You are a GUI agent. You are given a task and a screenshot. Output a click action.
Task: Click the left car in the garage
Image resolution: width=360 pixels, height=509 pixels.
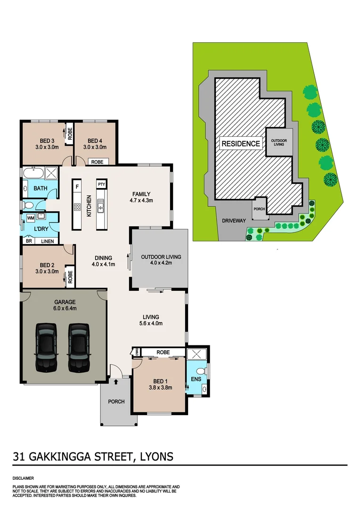[46, 347]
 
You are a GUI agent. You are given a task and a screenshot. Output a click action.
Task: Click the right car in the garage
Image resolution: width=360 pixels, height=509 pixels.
[78, 347]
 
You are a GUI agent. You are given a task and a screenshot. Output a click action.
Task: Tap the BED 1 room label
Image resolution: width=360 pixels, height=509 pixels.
[160, 385]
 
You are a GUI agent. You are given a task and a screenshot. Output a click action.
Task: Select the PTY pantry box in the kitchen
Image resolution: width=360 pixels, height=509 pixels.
[101, 184]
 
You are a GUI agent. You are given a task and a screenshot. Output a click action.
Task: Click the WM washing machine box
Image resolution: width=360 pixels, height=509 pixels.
[30, 218]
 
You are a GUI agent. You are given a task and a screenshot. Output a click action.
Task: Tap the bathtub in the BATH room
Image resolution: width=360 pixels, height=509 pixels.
[31, 174]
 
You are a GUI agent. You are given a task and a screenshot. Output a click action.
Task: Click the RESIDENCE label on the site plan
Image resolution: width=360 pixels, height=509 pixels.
[240, 144]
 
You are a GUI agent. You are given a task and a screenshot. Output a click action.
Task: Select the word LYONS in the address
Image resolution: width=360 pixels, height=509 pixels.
[155, 456]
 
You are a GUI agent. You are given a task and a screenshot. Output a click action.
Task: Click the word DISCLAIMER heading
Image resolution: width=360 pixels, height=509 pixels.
[23, 477]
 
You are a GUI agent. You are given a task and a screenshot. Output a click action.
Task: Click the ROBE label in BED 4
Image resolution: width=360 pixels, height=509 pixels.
[98, 162]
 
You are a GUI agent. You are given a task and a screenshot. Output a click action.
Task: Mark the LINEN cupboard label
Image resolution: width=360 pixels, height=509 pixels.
[47, 241]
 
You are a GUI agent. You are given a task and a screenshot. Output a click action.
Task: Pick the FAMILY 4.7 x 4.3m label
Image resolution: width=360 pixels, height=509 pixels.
[141, 197]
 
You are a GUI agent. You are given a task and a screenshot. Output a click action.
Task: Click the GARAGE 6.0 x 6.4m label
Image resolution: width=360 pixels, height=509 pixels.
[65, 305]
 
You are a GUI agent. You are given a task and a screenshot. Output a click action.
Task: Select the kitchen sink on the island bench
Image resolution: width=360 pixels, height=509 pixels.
[100, 205]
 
